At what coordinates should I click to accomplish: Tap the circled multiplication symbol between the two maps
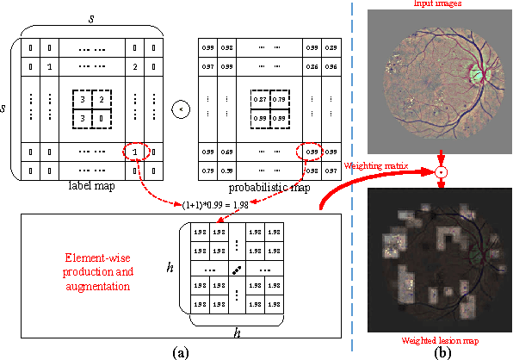(x=180, y=109)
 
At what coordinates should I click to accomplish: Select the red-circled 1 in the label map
(x=134, y=152)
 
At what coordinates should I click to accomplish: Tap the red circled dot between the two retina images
(x=441, y=172)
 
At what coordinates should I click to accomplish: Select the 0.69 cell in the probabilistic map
(x=226, y=152)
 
